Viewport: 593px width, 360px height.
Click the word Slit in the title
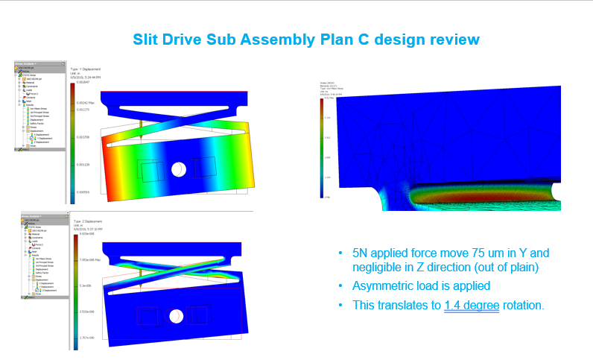[147, 38]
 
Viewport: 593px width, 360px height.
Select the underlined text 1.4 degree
[472, 305]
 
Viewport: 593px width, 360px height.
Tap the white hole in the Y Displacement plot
[179, 169]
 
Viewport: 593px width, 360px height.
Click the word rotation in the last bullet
[524, 305]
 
